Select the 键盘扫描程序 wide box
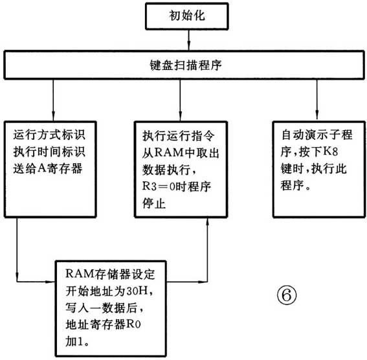tap(183, 65)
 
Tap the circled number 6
tap(287, 295)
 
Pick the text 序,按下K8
tap(314, 153)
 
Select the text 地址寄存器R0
tap(104, 321)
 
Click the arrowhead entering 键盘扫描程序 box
tap(188, 47)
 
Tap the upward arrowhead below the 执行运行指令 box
tap(208, 224)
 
